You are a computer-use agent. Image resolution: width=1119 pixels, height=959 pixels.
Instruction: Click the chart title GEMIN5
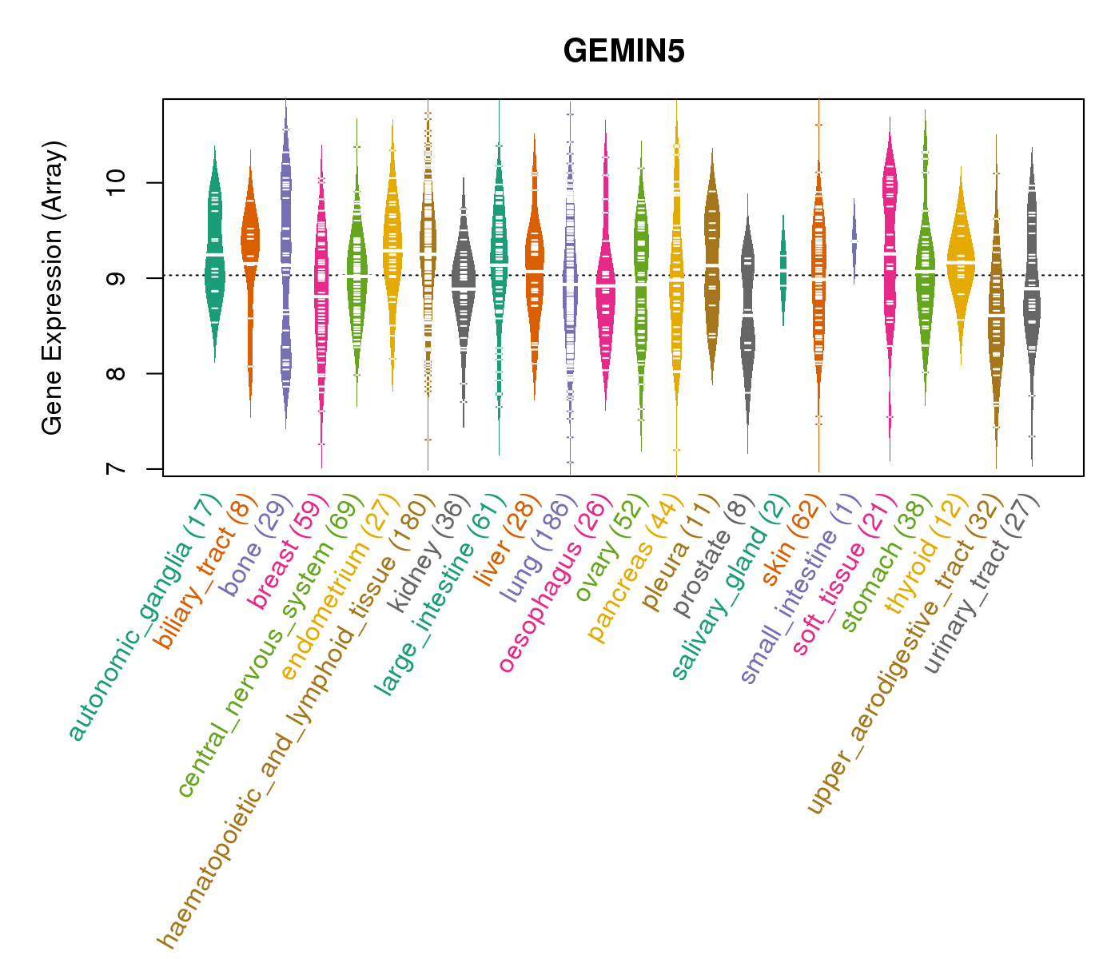(x=623, y=52)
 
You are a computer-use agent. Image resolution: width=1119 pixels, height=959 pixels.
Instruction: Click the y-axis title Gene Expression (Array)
(x=53, y=288)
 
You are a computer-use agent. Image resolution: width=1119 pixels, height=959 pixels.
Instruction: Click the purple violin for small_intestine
(x=854, y=240)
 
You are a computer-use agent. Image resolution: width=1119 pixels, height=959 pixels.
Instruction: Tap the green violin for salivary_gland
(x=783, y=268)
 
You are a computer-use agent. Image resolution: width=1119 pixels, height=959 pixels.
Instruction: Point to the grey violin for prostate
(x=747, y=320)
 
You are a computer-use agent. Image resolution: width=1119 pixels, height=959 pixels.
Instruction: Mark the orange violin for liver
(x=535, y=272)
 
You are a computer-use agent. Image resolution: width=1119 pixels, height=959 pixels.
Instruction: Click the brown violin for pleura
(x=712, y=256)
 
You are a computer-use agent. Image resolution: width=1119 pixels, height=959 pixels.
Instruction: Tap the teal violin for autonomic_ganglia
(x=214, y=256)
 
